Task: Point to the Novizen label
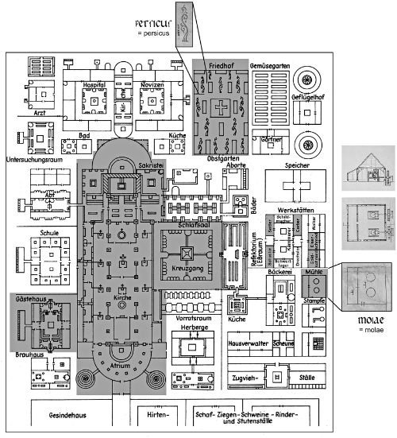[150, 83]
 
